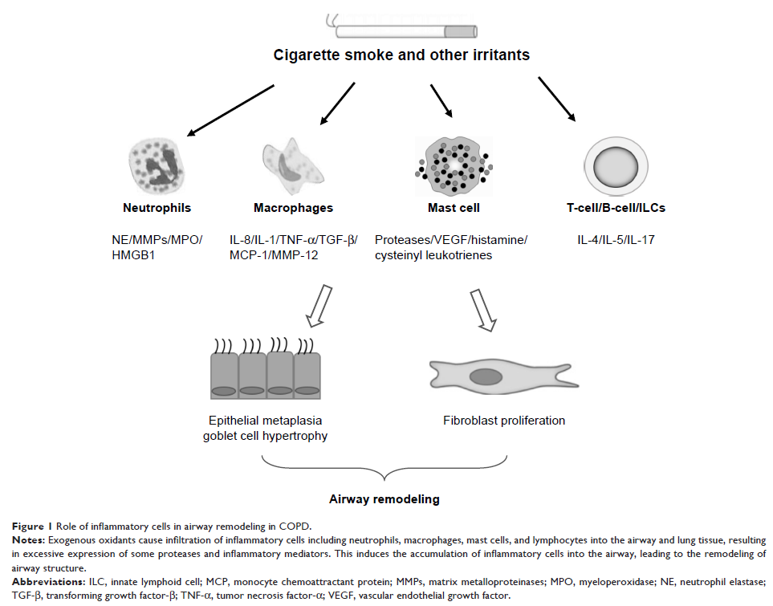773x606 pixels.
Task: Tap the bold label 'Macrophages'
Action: click(x=293, y=208)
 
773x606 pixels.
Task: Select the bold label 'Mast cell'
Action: click(x=454, y=208)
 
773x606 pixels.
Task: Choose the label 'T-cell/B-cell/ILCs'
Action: click(x=615, y=208)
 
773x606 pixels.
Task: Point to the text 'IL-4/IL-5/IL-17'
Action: click(x=616, y=239)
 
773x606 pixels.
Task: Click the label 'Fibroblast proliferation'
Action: click(x=504, y=421)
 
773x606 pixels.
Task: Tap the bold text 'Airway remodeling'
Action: click(x=384, y=499)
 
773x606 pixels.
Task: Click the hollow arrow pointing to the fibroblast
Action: click(x=481, y=308)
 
